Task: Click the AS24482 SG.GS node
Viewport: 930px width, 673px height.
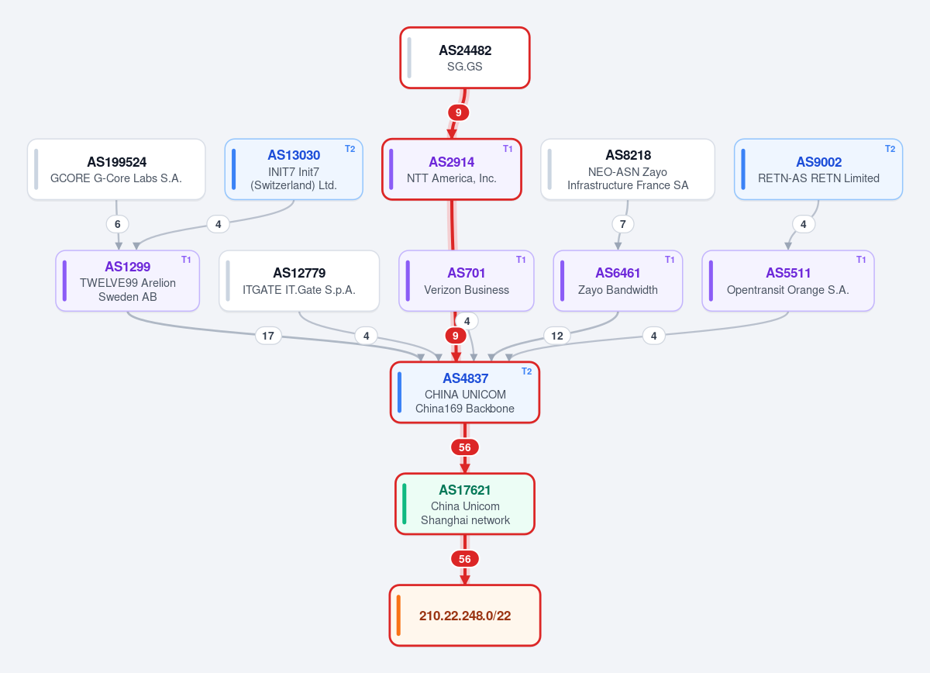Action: tap(464, 57)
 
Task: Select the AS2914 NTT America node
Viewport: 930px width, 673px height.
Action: tap(452, 169)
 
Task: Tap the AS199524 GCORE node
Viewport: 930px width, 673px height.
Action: tap(116, 169)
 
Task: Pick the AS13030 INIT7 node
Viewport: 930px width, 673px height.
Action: tap(294, 169)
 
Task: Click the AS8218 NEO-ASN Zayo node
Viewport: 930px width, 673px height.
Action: tap(628, 169)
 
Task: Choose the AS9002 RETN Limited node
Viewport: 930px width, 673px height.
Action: tap(818, 169)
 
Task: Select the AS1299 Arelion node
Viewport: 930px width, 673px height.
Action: tap(127, 281)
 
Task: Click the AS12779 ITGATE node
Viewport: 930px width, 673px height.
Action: tap(299, 281)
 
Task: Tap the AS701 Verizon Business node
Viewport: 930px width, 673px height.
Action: tap(467, 281)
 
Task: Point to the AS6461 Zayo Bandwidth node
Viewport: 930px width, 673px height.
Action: tap(618, 281)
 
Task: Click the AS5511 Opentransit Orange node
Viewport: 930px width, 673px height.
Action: tap(788, 281)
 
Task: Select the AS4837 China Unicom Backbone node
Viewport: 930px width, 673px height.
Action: tap(465, 392)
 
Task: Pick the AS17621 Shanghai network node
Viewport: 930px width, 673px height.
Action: tap(465, 504)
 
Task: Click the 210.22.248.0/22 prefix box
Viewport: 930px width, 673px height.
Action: tap(465, 616)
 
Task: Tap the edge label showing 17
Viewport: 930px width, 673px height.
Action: tap(268, 336)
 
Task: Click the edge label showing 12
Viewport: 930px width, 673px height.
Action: tap(556, 336)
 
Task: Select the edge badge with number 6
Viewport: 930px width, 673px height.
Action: tap(118, 224)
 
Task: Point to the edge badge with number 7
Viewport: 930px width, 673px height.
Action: tap(623, 224)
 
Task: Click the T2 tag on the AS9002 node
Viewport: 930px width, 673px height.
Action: tap(890, 149)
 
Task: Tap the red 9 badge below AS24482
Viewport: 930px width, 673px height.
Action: tap(458, 112)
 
